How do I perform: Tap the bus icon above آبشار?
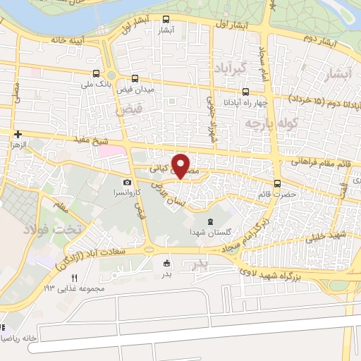point(166,19)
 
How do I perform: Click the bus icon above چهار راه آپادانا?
point(245,91)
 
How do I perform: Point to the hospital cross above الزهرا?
point(18,133)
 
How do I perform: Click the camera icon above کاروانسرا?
point(128,183)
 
